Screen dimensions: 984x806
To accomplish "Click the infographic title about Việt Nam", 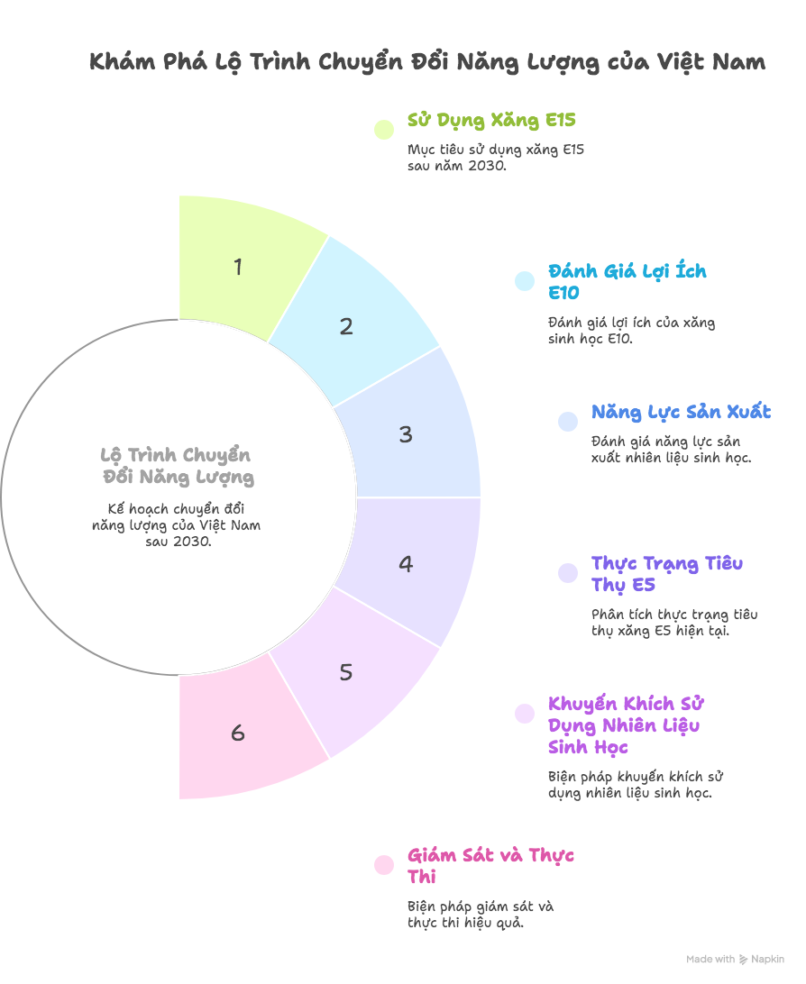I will (x=427, y=62).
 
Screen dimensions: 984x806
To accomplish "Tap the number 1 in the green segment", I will (x=238, y=268).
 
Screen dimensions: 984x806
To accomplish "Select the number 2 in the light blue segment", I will (x=346, y=327).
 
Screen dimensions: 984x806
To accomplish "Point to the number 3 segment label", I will (x=406, y=434).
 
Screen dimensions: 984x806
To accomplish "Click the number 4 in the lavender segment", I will (x=406, y=564).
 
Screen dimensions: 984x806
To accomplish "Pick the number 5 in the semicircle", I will (x=346, y=672).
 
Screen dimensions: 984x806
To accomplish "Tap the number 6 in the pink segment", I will (x=238, y=733).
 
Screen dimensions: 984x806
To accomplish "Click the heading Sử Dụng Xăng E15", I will (x=491, y=121).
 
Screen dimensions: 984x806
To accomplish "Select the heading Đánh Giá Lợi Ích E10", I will (x=627, y=282).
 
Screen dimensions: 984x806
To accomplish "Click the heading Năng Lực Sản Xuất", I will (x=681, y=413).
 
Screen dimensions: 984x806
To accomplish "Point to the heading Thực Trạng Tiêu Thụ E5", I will (x=667, y=574).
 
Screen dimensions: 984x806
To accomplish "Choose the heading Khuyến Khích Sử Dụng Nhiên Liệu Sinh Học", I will (x=625, y=725).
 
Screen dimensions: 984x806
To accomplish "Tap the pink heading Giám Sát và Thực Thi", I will (x=490, y=866).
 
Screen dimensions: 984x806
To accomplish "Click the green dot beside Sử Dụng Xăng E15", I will (x=384, y=129).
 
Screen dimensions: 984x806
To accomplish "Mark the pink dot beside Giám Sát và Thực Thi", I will (x=384, y=865).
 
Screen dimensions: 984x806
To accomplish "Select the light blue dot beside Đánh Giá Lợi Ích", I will (x=525, y=281).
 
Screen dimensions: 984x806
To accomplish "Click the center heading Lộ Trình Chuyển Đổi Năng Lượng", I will (x=177, y=465).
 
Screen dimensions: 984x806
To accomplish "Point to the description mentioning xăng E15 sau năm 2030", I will (x=495, y=158).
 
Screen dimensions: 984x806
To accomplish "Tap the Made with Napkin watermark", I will (x=735, y=960).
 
